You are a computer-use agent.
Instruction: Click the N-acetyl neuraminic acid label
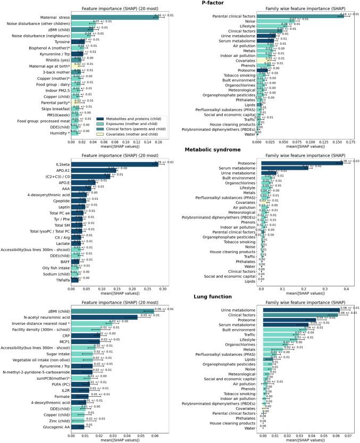click(x=44, y=316)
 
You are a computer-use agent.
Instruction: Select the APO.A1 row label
click(x=61, y=170)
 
